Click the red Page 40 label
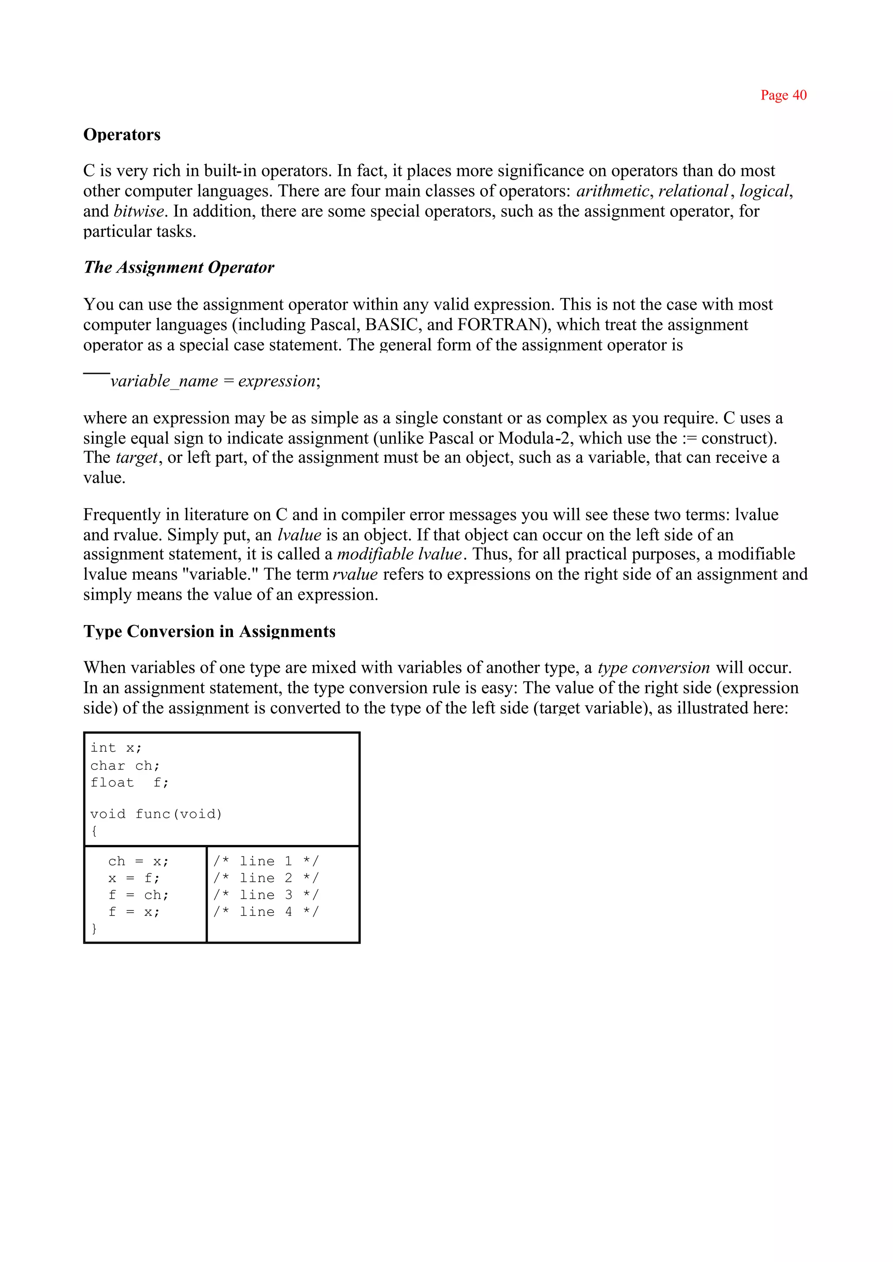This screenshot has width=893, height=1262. click(783, 95)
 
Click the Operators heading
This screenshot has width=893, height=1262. click(122, 135)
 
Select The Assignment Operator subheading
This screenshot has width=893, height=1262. click(179, 267)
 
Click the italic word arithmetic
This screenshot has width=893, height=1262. click(612, 191)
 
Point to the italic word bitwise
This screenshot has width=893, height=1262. click(139, 211)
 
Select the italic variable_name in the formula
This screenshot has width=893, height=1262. click(164, 381)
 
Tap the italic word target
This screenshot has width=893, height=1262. click(137, 458)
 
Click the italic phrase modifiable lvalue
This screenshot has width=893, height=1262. click(399, 554)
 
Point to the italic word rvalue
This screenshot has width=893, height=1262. click(355, 575)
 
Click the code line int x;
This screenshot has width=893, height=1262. click(116, 748)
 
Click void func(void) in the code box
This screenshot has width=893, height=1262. click(156, 814)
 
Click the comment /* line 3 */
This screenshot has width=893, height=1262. click(266, 895)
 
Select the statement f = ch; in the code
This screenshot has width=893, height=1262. click(139, 895)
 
